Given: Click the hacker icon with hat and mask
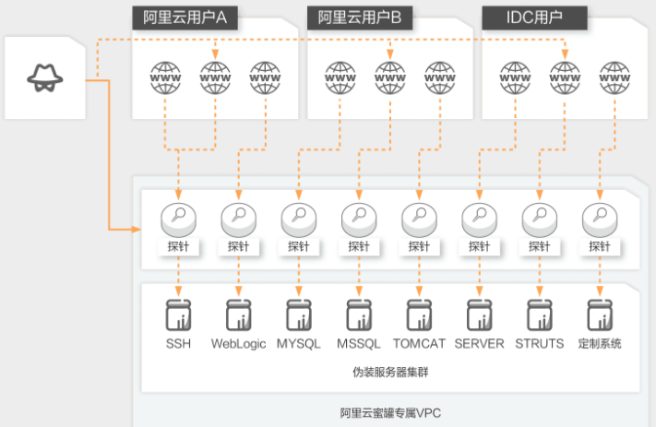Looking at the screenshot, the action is [x=45, y=77].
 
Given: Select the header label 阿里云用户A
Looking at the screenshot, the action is [x=185, y=18].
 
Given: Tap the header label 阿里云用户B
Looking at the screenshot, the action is [x=360, y=18].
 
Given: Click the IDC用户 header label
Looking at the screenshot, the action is [x=535, y=18].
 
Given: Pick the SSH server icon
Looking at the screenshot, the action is [x=179, y=314].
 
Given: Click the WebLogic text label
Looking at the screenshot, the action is [x=238, y=344].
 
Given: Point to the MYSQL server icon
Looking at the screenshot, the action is [x=299, y=314].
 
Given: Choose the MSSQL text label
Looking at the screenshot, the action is [x=359, y=344].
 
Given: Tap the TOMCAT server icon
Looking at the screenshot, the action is [x=419, y=314].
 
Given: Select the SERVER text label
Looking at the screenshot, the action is [x=480, y=344].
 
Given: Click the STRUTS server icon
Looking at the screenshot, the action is [x=540, y=314].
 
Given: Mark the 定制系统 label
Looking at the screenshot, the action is [x=600, y=344].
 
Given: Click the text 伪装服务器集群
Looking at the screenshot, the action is [x=390, y=372].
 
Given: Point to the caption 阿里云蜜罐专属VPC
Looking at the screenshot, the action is [x=390, y=413].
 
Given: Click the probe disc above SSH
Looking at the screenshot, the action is [x=179, y=220].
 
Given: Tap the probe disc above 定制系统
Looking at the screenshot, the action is [x=600, y=220].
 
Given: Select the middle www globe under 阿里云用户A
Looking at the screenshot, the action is [x=216, y=77].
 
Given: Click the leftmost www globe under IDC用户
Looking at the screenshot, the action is [x=516, y=77].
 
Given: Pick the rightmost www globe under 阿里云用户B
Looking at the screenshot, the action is [x=440, y=77].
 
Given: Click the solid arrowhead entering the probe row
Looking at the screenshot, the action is [x=137, y=230].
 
